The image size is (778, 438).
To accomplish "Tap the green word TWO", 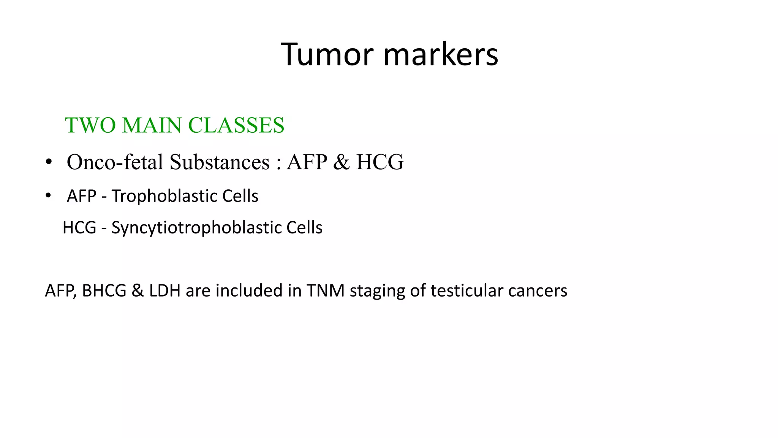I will [x=90, y=125].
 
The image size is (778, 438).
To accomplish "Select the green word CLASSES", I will [x=236, y=125].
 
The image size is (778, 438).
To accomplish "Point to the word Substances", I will [x=220, y=162].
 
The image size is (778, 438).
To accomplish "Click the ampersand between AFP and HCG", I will [x=341, y=162].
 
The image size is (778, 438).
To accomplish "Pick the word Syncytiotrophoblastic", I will [x=196, y=228].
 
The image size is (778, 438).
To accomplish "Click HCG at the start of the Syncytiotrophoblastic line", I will [x=79, y=228].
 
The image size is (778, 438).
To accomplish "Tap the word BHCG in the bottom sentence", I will [x=104, y=291].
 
